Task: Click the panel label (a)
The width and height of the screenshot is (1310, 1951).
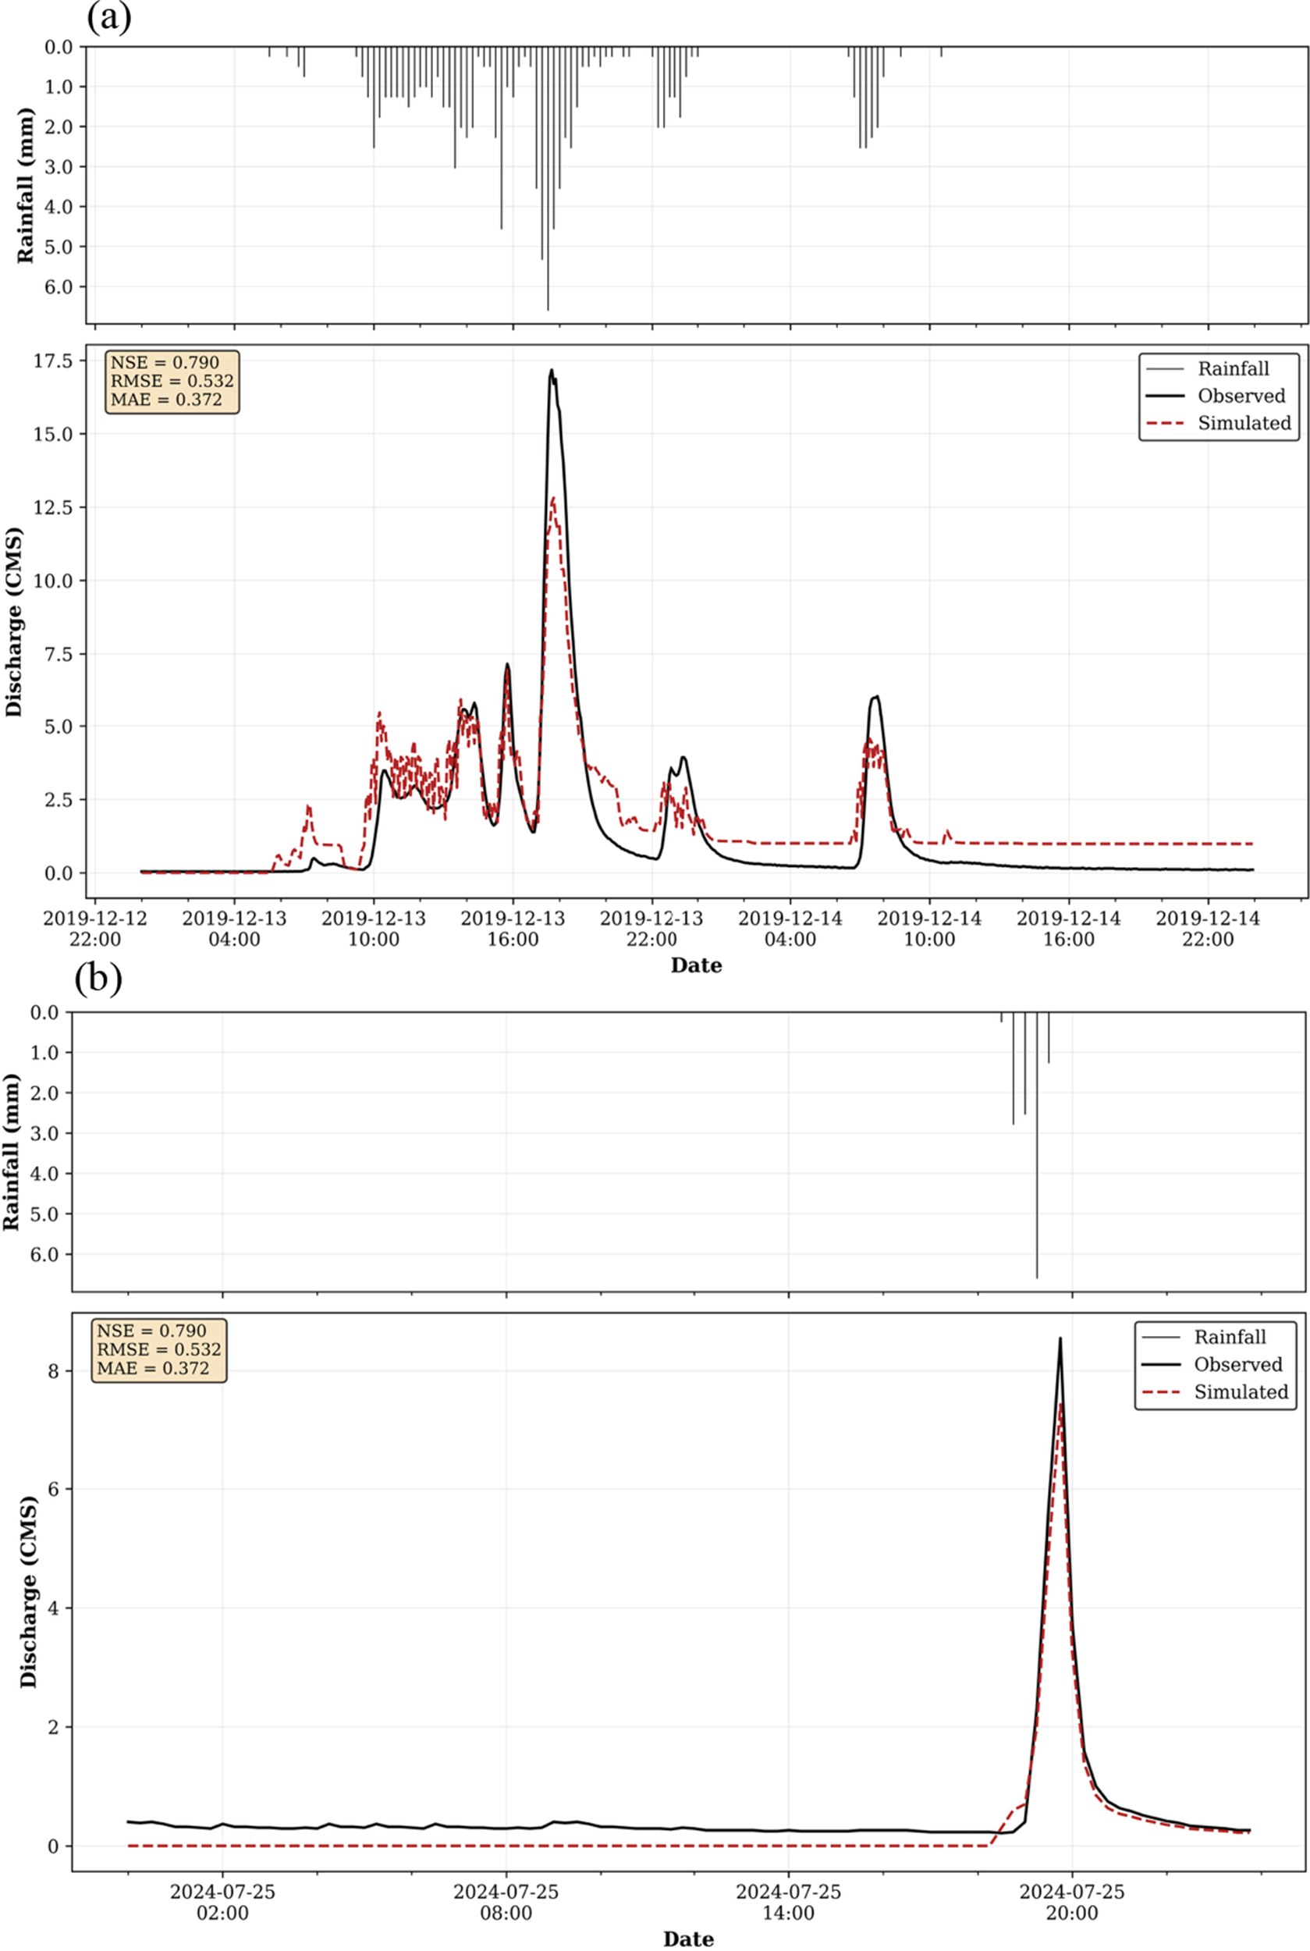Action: tap(108, 19)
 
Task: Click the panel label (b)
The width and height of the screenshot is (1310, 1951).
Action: tap(98, 979)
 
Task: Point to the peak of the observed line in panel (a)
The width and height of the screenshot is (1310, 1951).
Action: tap(552, 370)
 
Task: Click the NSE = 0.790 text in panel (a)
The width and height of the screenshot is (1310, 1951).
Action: tap(165, 363)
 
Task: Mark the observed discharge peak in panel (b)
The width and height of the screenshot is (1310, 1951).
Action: tap(1060, 1338)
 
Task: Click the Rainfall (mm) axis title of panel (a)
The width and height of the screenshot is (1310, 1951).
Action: tap(27, 185)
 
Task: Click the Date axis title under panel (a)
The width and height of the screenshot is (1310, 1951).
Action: tap(696, 966)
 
